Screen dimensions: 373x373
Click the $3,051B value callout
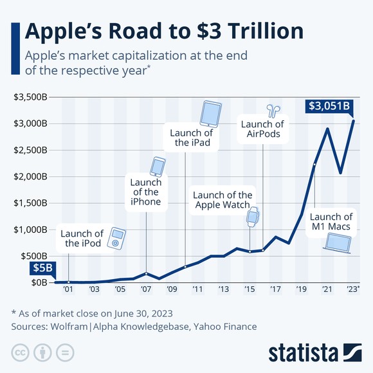[x=329, y=105]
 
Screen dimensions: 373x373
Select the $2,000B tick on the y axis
[x=30, y=176]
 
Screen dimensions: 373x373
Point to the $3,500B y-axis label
[x=30, y=97]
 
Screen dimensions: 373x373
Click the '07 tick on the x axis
[x=146, y=290]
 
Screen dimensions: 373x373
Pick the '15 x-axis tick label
[x=250, y=290]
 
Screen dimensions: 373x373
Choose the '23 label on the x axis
[x=353, y=290]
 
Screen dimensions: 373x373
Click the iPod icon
[x=116, y=238]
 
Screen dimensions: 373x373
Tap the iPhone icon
[x=158, y=167]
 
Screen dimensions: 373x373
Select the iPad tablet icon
[x=210, y=114]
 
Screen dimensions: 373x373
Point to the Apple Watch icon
[x=253, y=216]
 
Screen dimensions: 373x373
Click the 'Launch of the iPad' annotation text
[x=191, y=138]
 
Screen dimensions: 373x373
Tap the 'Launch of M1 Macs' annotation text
[x=331, y=222]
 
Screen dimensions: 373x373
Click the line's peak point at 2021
[x=328, y=129]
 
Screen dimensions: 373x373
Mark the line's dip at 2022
[x=341, y=173]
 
